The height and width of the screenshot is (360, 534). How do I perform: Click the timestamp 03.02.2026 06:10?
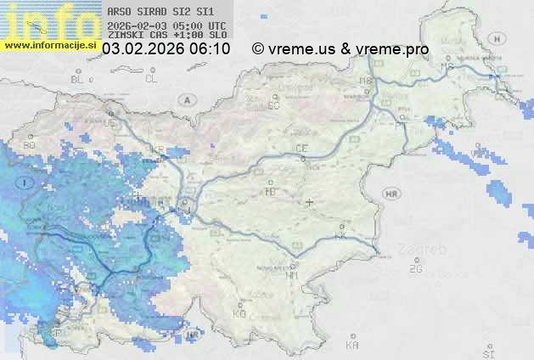pyautogui.click(x=166, y=49)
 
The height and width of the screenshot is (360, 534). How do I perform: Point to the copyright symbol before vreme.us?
pyautogui.click(x=258, y=49)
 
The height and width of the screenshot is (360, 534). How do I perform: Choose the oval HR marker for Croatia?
pyautogui.click(x=391, y=194)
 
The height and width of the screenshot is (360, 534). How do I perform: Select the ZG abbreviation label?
pyautogui.click(x=415, y=269)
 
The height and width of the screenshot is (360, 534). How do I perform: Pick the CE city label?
pyautogui.click(x=301, y=149)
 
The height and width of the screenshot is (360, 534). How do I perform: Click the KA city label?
pyautogui.click(x=352, y=345)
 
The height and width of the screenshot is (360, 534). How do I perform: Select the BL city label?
pyautogui.click(x=78, y=79)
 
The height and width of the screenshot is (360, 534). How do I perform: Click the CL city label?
pyautogui.click(x=151, y=79)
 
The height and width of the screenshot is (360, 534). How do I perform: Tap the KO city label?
pyautogui.click(x=239, y=313)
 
